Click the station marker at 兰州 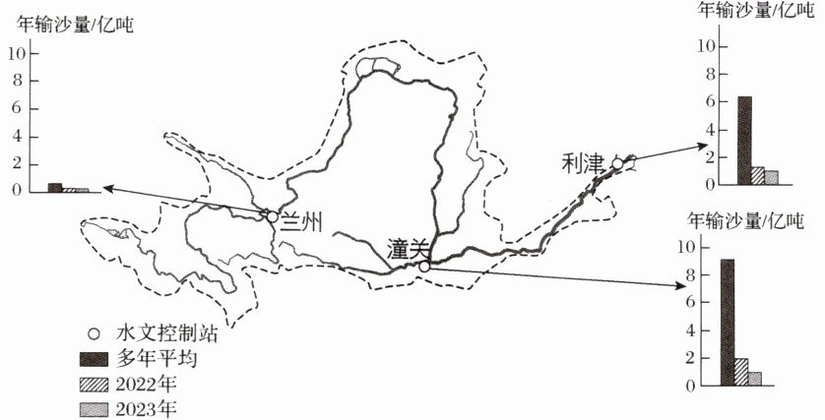[272, 215]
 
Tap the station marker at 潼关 [424, 266]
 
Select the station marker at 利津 [617, 163]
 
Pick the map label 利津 [582, 162]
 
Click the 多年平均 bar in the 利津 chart [744, 141]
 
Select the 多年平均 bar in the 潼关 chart [727, 323]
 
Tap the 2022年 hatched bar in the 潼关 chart [740, 373]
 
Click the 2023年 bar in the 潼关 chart [754, 379]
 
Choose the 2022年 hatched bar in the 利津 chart [758, 176]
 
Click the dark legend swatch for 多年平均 [95, 358]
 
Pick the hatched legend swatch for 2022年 [95, 383]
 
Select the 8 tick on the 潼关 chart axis [688, 275]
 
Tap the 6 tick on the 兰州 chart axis [16, 107]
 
